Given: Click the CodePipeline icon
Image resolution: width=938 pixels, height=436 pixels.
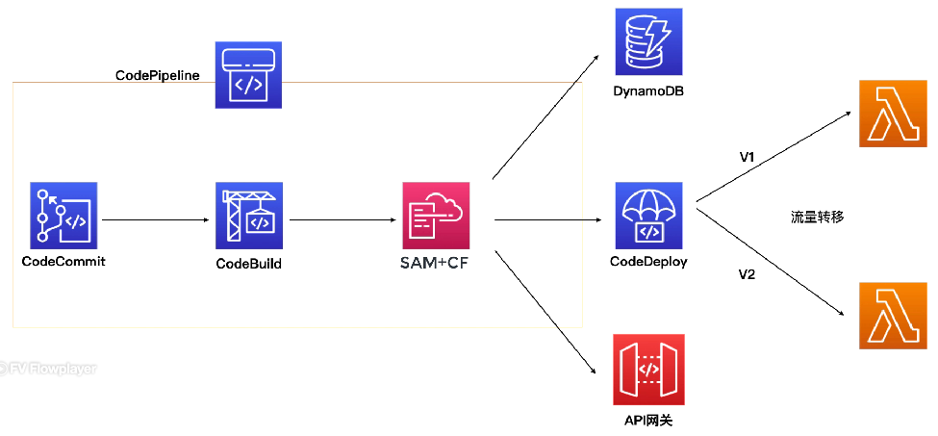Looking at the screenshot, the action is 248,75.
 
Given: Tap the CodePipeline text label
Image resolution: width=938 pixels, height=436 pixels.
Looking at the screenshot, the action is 158,75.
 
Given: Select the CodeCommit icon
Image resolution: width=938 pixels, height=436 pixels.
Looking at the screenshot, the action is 63,216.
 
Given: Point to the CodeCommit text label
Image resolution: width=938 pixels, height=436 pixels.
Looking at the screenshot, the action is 63,262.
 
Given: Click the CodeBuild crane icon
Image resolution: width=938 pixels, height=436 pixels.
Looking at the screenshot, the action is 249,216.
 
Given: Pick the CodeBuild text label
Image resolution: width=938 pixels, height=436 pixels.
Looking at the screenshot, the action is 249,263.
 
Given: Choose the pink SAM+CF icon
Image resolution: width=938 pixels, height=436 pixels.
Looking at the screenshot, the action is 436,216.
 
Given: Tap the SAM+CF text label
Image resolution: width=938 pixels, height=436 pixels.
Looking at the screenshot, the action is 435,262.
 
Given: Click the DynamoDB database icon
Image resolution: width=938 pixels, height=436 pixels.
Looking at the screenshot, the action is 649,41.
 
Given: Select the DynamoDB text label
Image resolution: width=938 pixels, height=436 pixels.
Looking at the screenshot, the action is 649,92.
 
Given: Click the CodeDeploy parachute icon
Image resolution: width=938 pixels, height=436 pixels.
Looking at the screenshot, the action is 649,216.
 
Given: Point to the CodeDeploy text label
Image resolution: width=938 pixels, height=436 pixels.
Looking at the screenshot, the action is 648,262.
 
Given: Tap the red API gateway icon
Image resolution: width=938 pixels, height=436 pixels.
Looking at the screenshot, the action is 648,370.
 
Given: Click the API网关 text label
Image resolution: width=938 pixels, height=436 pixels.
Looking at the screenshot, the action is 648,421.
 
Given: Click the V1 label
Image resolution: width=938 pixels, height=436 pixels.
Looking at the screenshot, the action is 748,157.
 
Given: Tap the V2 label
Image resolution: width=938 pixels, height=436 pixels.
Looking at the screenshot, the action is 748,275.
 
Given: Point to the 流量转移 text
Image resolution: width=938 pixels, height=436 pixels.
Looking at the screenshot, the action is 817,218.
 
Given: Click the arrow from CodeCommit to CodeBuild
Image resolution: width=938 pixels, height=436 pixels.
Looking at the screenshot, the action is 156,220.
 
